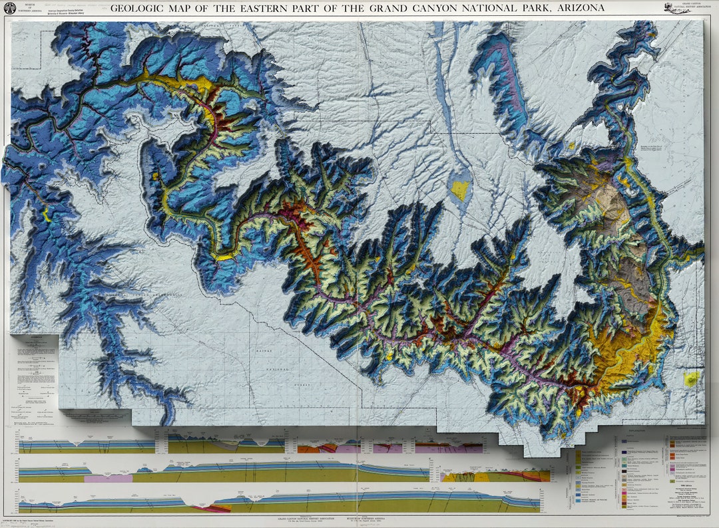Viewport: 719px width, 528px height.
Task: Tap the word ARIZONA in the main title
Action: (581, 8)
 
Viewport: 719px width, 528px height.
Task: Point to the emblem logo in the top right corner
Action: (674, 8)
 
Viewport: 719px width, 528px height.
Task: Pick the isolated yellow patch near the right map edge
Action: (692, 378)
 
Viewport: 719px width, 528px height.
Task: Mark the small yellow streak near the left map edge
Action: (46, 214)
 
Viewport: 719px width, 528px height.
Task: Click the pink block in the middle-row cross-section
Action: (109, 477)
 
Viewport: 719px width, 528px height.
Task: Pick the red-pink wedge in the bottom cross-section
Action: (208, 508)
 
